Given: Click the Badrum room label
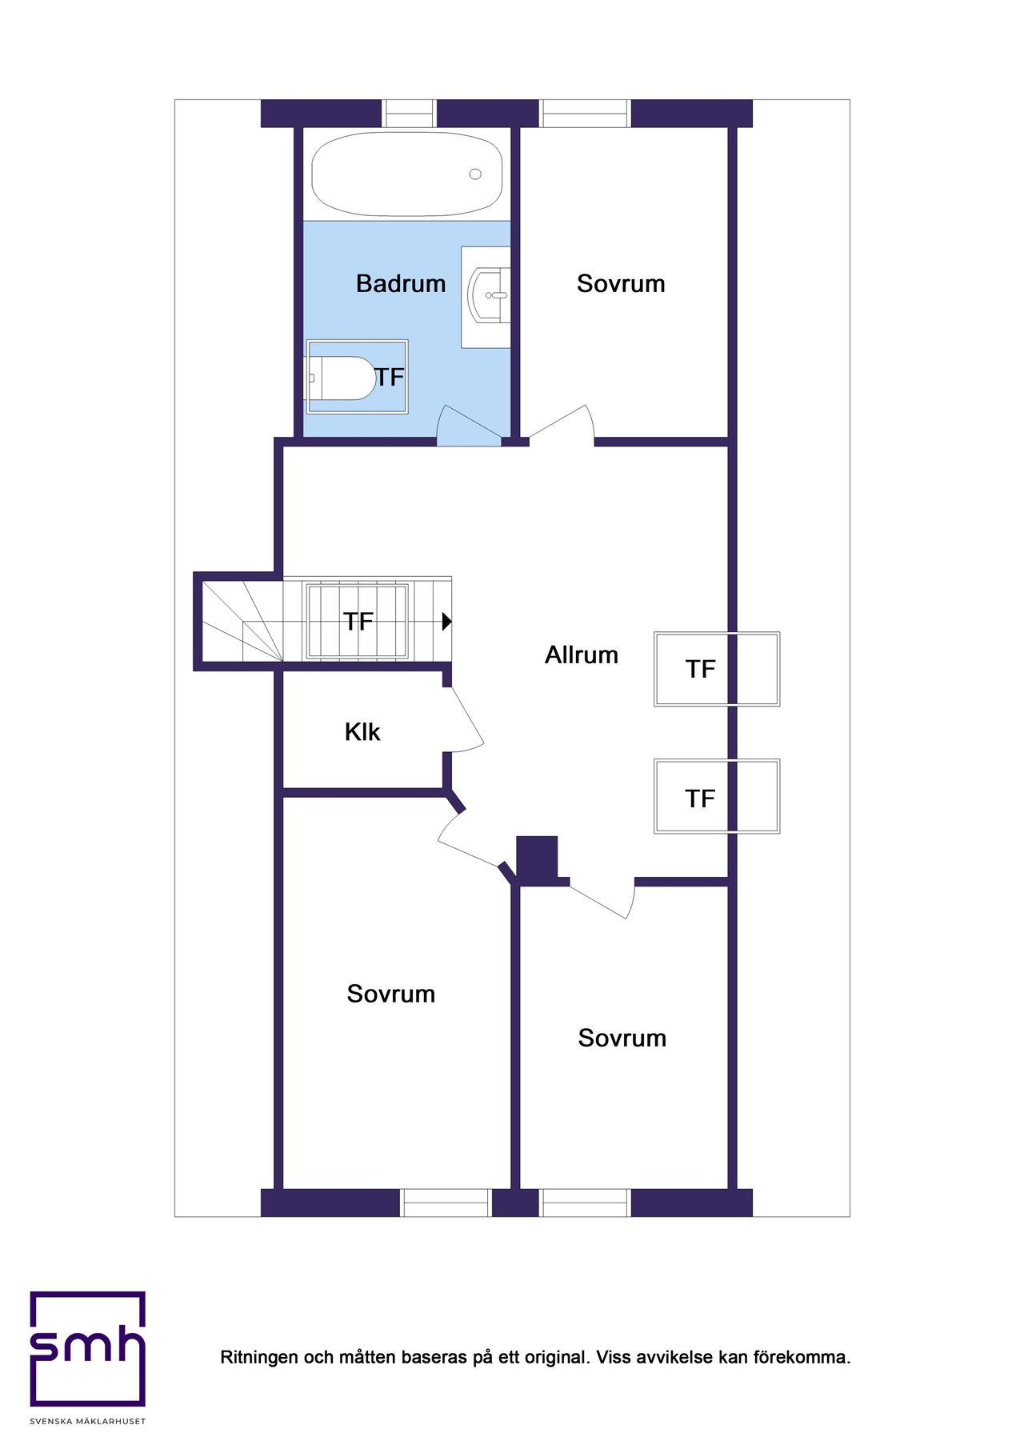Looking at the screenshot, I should coord(401,283).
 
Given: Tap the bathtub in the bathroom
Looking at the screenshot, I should coord(406,174).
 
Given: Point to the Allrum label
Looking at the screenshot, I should coord(582,655).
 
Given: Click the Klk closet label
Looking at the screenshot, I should coord(362,732).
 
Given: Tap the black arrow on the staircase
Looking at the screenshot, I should coord(446,622).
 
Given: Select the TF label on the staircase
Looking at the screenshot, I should coord(358,622).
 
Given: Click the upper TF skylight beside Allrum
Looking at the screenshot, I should coord(716,669).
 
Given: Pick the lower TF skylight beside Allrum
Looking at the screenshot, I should coord(716,797).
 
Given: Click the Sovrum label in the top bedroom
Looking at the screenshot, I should coord(621,283).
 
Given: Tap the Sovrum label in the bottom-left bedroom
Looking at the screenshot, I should coord(391,994).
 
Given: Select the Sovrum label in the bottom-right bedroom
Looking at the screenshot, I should coord(622,1038).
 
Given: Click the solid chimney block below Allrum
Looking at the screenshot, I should coord(537,859).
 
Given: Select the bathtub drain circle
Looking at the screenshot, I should coord(475,174).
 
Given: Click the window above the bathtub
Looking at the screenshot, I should coord(409,114).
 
